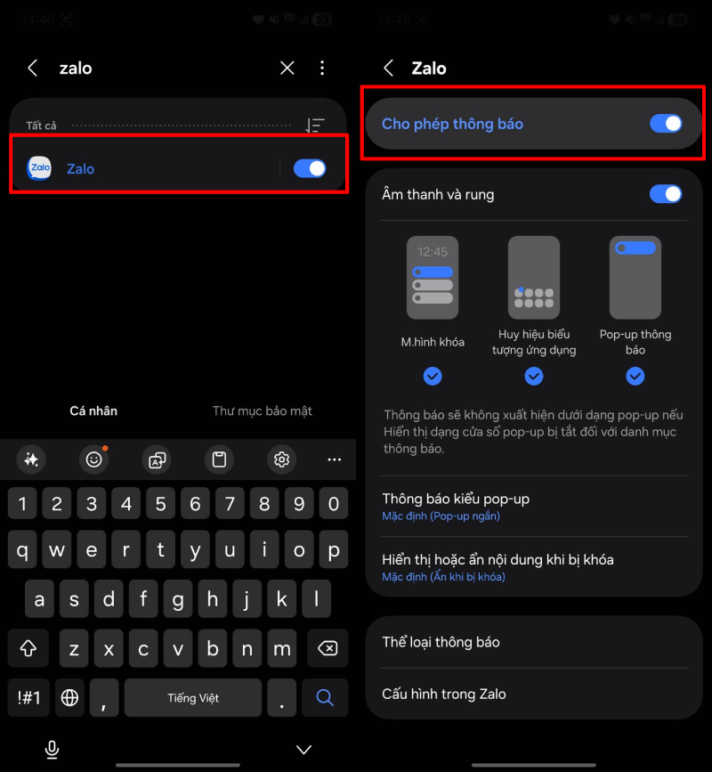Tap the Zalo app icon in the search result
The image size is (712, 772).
pyautogui.click(x=39, y=168)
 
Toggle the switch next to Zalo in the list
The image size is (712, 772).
pyautogui.click(x=310, y=168)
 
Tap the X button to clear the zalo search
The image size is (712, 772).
pyautogui.click(x=287, y=68)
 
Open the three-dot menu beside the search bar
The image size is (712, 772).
pyautogui.click(x=322, y=68)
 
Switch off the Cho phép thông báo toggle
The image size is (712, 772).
pyautogui.click(x=666, y=124)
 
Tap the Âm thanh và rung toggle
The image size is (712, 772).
pyautogui.click(x=666, y=194)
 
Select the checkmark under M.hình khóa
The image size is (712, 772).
pyautogui.click(x=433, y=376)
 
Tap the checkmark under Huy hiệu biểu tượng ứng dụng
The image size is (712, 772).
pyautogui.click(x=534, y=376)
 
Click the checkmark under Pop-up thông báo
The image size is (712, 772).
pyautogui.click(x=635, y=376)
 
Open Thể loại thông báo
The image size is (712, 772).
pyautogui.click(x=441, y=642)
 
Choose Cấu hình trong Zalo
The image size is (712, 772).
pyautogui.click(x=444, y=694)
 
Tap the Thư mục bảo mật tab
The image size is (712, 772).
pyautogui.click(x=263, y=410)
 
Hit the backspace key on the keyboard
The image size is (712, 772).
pyautogui.click(x=328, y=648)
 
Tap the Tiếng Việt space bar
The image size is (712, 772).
pyautogui.click(x=193, y=698)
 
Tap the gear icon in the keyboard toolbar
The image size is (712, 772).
pyautogui.click(x=281, y=459)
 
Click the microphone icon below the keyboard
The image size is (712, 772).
pyautogui.click(x=52, y=750)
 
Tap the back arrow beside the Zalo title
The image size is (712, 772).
pyautogui.click(x=389, y=68)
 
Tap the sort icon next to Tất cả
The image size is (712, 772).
pyautogui.click(x=315, y=125)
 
